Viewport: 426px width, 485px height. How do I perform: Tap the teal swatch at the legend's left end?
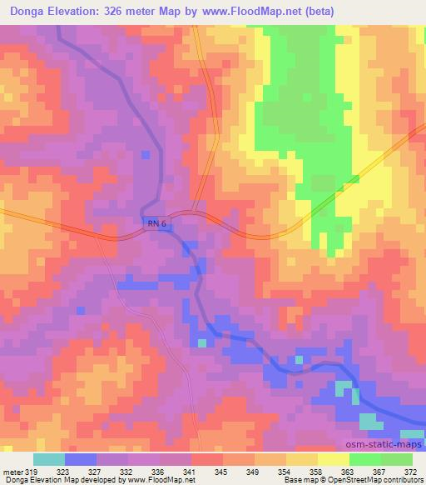(48, 460)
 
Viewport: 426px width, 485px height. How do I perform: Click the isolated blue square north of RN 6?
(146, 154)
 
